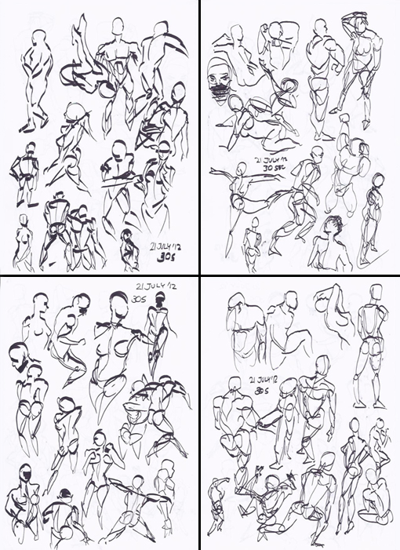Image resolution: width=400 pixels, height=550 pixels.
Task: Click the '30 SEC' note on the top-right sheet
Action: pyautogui.click(x=275, y=168)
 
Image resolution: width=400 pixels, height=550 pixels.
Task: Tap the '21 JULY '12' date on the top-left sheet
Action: pyautogui.click(x=165, y=247)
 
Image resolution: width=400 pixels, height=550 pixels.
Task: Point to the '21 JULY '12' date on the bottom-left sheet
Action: pyautogui.click(x=155, y=286)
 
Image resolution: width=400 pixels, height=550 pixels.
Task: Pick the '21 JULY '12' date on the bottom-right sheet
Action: pyautogui.click(x=264, y=381)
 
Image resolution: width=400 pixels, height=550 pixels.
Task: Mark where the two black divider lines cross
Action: pyautogui.click(x=200, y=275)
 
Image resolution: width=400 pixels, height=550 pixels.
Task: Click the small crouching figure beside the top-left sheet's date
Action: pyautogui.click(x=129, y=250)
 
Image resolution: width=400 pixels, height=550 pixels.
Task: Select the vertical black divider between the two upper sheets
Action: pyautogui.click(x=200, y=137)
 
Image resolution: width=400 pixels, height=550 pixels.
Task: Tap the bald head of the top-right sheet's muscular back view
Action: pyautogui.click(x=320, y=27)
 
